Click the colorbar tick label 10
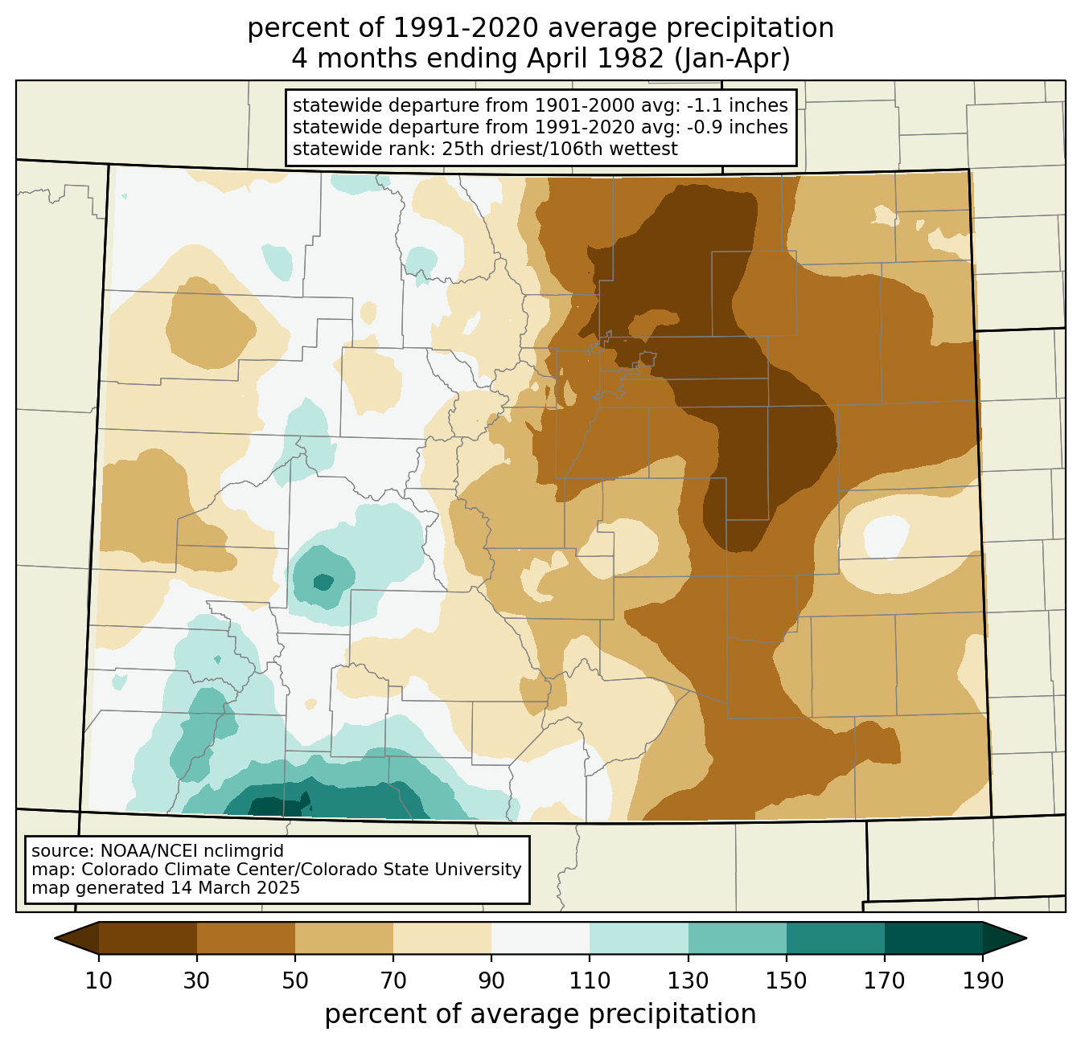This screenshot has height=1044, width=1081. click(98, 981)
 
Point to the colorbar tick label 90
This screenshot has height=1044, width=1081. click(491, 981)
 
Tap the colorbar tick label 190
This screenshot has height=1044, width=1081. click(983, 981)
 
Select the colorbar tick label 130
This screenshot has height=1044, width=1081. click(688, 981)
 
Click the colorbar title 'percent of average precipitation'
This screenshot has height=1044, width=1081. click(540, 1014)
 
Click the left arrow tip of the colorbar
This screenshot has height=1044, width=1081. click(55, 939)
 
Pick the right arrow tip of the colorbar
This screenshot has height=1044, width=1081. click(1026, 939)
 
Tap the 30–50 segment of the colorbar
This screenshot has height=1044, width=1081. click(245, 939)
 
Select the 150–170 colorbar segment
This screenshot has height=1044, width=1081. click(835, 939)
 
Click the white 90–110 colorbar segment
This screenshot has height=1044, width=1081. click(540, 939)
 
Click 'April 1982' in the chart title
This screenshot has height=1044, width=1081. click(595, 59)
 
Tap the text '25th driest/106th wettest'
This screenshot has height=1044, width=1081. click(560, 149)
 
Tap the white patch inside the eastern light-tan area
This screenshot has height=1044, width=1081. click(886, 537)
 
